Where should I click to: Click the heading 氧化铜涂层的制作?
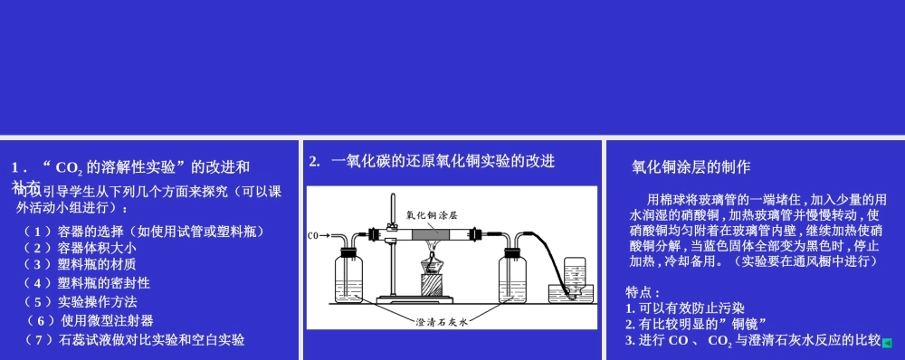click(x=691, y=167)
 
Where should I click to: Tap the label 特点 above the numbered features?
click(x=643, y=292)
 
